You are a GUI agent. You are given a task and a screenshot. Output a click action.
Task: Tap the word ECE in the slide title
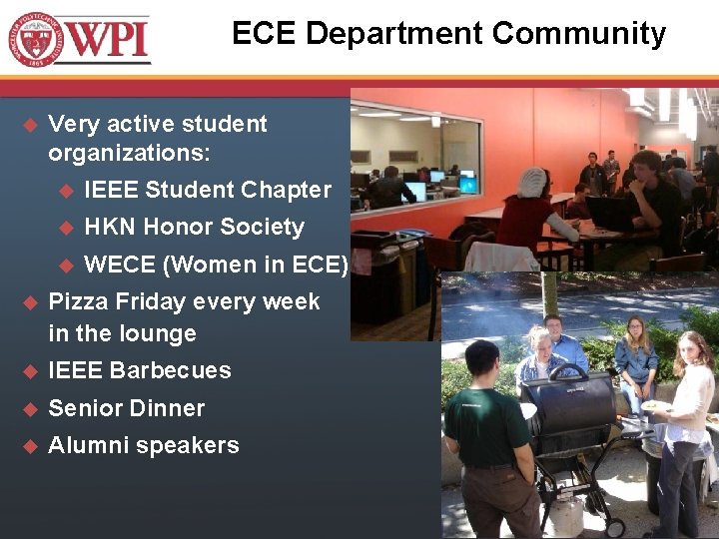click(x=265, y=34)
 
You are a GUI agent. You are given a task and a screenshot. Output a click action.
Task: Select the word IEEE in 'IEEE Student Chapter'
click(x=112, y=190)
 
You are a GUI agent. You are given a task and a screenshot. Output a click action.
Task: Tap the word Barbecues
click(x=171, y=370)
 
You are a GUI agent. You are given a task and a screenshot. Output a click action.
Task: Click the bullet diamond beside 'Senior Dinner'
click(x=29, y=408)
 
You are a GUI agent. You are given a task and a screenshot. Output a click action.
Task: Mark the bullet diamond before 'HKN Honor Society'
click(x=67, y=228)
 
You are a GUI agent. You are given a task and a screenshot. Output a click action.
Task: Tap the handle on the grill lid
click(x=569, y=372)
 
